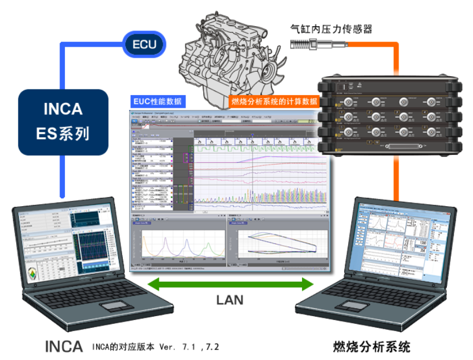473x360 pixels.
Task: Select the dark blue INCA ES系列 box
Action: tap(62, 122)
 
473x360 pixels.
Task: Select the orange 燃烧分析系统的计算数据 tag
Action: tap(274, 102)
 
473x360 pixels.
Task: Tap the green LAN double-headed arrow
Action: tap(233, 285)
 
